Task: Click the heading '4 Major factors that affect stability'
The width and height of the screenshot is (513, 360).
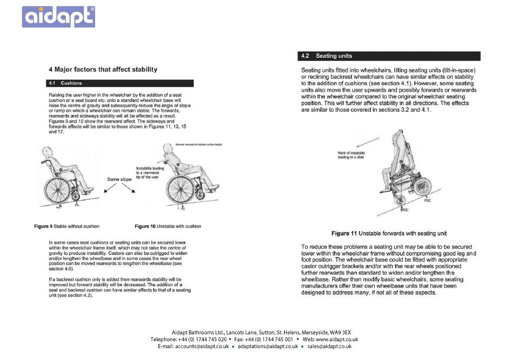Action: (103, 69)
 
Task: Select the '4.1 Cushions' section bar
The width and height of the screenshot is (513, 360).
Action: (120, 83)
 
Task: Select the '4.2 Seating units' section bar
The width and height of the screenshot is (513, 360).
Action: (389, 56)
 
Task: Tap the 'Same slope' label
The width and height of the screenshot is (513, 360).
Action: (119, 179)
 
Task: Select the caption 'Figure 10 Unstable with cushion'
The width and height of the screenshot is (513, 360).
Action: (168, 226)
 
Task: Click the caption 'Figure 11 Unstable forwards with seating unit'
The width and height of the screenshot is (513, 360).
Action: (389, 233)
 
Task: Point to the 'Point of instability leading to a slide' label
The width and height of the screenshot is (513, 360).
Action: (352, 155)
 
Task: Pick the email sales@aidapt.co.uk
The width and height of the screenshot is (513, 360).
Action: (329, 347)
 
